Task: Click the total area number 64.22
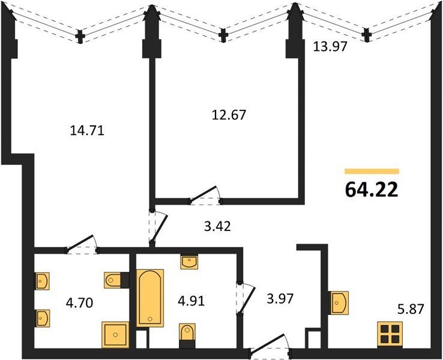[x=372, y=190]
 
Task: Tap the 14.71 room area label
[x=87, y=131]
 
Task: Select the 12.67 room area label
[x=229, y=115]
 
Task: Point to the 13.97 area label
[x=330, y=46]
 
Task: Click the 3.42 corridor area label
[x=217, y=226]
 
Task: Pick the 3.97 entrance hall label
[x=280, y=299]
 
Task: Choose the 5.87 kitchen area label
[x=411, y=309]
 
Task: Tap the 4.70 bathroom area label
[x=79, y=303]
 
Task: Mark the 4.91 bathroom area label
[x=191, y=301]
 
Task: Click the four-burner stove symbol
[x=390, y=334]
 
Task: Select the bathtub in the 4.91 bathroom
[x=150, y=298]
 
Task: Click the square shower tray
[x=115, y=335]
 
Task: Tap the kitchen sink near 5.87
[x=338, y=302]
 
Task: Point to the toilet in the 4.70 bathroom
[x=116, y=280]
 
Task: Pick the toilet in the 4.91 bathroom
[x=187, y=335]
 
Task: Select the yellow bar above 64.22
[x=372, y=171]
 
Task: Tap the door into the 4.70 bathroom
[x=82, y=245]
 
